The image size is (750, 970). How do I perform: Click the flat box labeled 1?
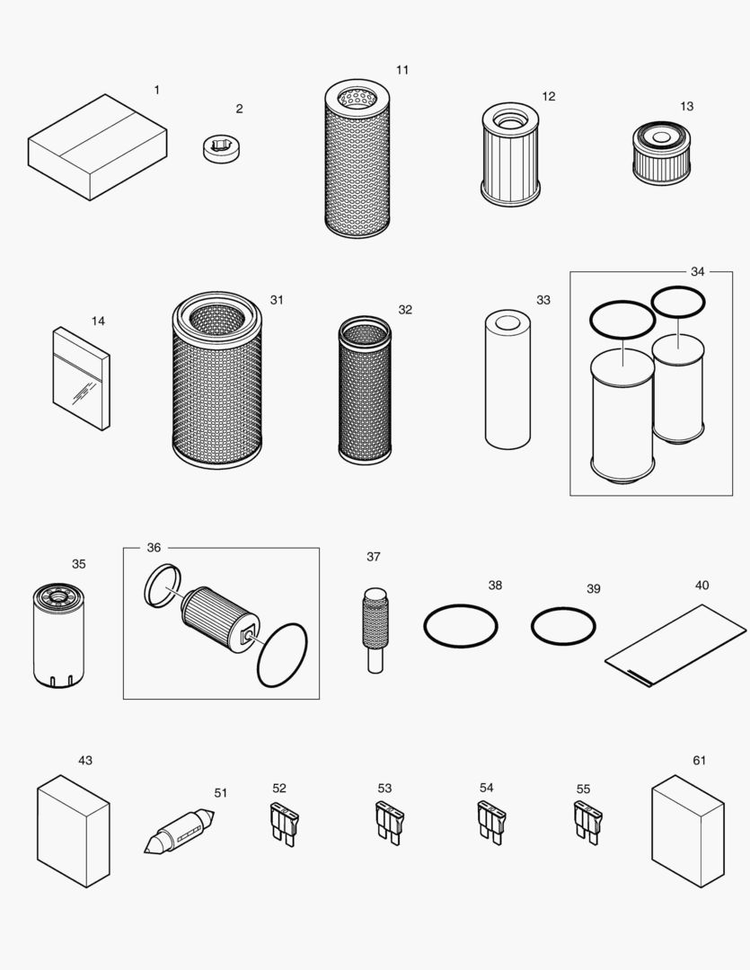97,147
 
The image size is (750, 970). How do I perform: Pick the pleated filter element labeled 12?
510,154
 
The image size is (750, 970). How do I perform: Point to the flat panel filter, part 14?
82,378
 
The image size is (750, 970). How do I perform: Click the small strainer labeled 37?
375,629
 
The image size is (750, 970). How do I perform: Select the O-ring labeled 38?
460,624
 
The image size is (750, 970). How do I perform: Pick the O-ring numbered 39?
563,627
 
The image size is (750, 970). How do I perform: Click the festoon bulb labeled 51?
180,831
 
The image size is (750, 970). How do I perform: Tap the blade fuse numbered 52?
283,823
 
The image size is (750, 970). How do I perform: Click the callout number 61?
699,760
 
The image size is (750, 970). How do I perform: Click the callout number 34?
697,271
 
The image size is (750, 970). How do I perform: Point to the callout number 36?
154,548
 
